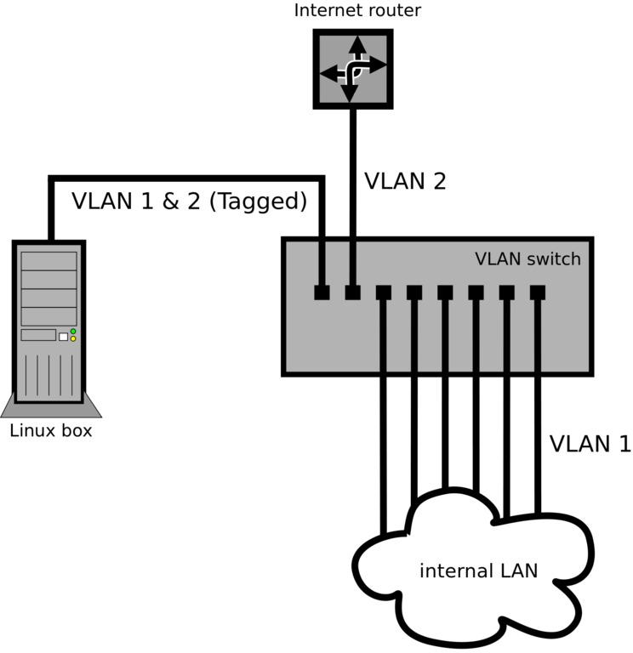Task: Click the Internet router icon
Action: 353,68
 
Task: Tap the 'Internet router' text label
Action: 357,11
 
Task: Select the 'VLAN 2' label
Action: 405,181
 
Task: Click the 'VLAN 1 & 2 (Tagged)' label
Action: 188,202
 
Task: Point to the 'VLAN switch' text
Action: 527,258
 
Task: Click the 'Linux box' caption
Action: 50,431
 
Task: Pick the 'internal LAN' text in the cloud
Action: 478,571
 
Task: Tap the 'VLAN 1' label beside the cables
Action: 590,444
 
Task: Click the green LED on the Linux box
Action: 73,331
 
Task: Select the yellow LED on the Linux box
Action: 73,338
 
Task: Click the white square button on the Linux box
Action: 63,337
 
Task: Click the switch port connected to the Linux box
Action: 322,292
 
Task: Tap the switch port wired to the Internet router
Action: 352,292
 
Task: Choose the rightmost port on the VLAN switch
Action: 537,292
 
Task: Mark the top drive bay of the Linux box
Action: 48,258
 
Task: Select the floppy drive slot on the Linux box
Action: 38,335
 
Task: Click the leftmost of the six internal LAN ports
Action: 383,292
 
